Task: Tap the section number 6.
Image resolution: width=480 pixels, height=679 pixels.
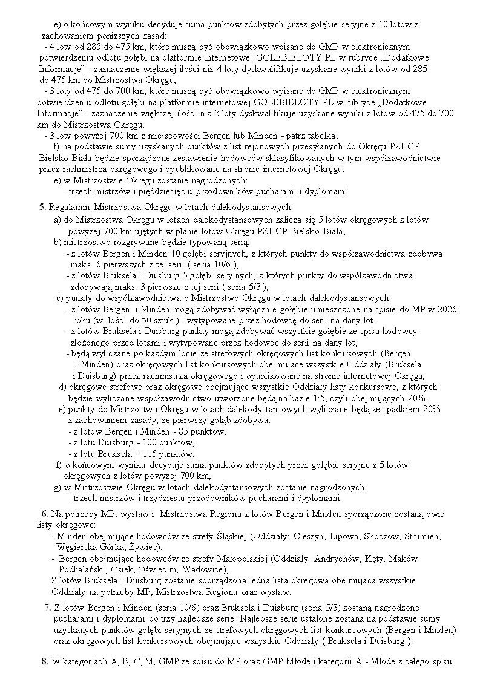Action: click(44, 514)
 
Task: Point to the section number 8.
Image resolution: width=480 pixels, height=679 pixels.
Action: click(45, 660)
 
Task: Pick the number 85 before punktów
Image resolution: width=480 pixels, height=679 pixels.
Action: click(179, 431)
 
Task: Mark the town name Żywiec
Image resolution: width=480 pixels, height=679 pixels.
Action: click(145, 547)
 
